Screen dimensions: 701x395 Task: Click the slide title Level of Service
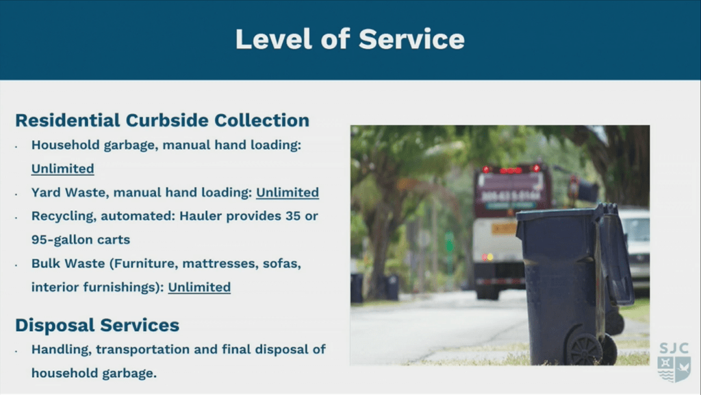click(350, 39)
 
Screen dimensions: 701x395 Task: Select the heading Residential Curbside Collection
click(162, 121)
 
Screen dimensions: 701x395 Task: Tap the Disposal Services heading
click(97, 325)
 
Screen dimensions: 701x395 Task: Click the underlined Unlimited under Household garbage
click(62, 169)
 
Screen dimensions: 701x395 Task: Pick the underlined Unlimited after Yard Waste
click(288, 193)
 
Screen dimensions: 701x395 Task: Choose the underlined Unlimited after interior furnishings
click(199, 287)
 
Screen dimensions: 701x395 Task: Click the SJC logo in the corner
click(674, 362)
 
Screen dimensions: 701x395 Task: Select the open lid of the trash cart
click(615, 253)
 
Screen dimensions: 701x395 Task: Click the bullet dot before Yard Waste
click(16, 194)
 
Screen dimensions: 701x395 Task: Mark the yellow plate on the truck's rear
click(505, 229)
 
